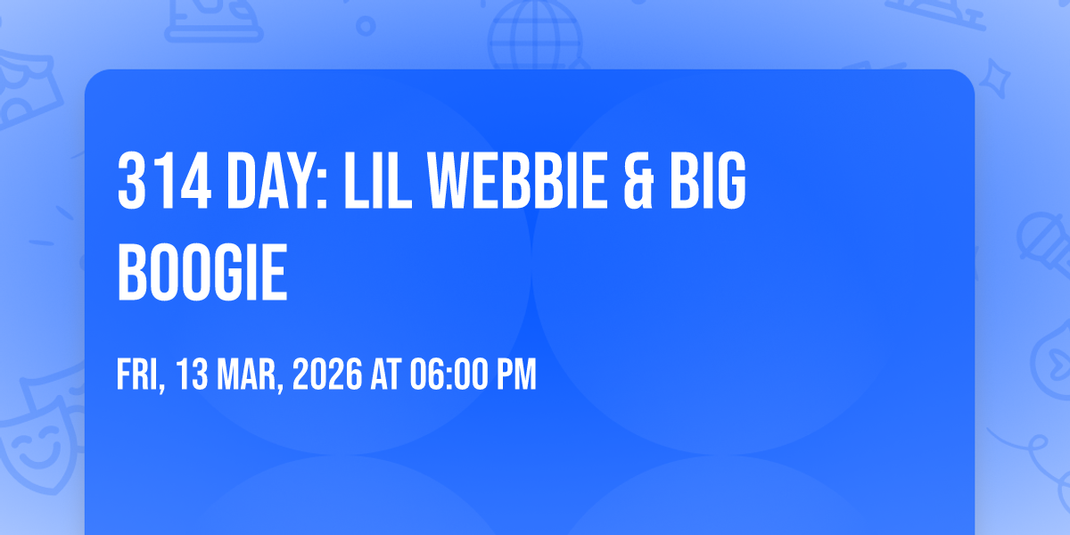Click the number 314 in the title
click(164, 180)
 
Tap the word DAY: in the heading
click(277, 180)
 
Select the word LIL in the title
click(377, 180)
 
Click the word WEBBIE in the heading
click(517, 180)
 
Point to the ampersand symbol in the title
click(638, 180)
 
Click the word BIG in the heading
click(708, 180)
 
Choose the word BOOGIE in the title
click(202, 272)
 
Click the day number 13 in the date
click(192, 374)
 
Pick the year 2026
click(328, 374)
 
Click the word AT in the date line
click(386, 374)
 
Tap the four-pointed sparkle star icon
click(994, 79)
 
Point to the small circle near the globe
click(366, 26)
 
